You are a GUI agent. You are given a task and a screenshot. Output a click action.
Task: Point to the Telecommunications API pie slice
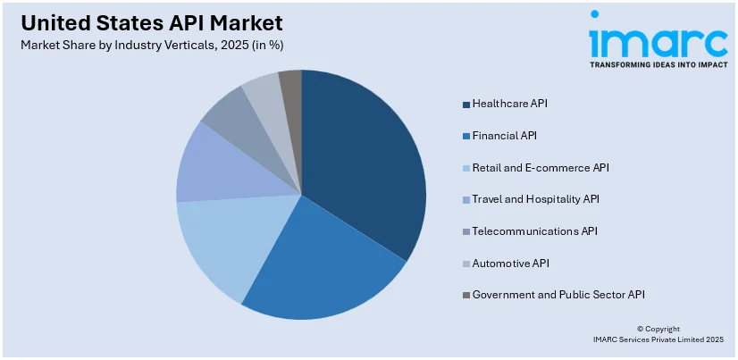coord(237,116)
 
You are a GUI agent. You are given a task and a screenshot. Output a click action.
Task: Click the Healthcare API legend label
coord(510,104)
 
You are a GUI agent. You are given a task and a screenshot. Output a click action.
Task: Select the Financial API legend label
coord(505,136)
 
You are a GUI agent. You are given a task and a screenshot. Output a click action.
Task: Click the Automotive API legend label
coord(510,263)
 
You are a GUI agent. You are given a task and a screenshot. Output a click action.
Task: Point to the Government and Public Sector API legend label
coord(558,294)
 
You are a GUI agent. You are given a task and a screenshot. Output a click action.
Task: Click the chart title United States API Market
coord(148,22)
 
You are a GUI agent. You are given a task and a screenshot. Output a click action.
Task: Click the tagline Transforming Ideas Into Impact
coord(658,64)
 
